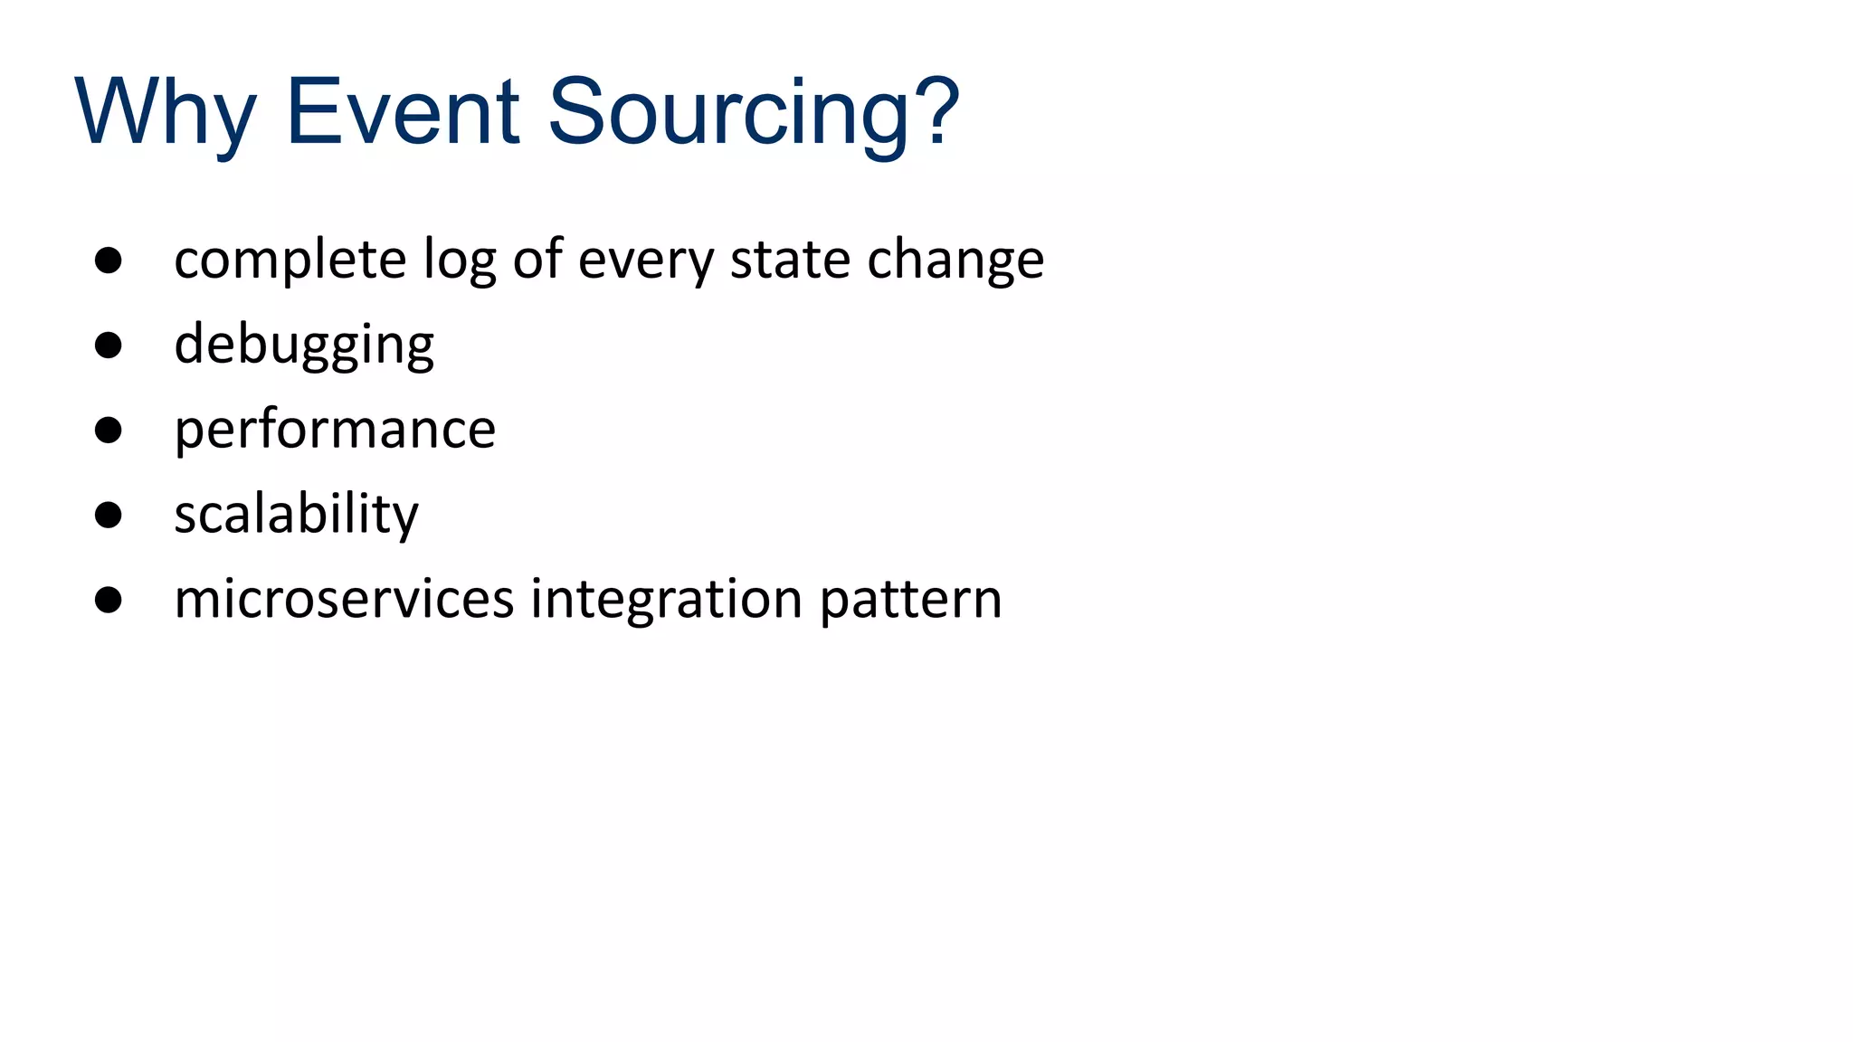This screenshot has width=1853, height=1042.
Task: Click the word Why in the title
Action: pyautogui.click(x=166, y=113)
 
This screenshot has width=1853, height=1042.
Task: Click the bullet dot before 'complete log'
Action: pyautogui.click(x=109, y=260)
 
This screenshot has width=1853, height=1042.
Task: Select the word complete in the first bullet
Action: pyautogui.click(x=290, y=260)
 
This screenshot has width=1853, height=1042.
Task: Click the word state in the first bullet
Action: pyautogui.click(x=790, y=260)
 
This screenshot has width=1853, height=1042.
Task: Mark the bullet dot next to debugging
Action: pyautogui.click(x=109, y=346)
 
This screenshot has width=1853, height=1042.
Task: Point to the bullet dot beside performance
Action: pyautogui.click(x=109, y=431)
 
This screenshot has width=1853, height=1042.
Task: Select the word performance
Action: pyautogui.click(x=335, y=431)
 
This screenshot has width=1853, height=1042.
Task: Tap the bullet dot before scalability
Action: pyautogui.click(x=109, y=515)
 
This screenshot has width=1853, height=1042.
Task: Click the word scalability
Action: pyautogui.click(x=297, y=515)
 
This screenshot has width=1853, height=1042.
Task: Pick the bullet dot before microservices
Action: pyautogui.click(x=109, y=600)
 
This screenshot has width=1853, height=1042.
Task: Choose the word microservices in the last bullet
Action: pyautogui.click(x=344, y=599)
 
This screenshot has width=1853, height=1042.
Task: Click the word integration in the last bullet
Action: pyautogui.click(x=666, y=600)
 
